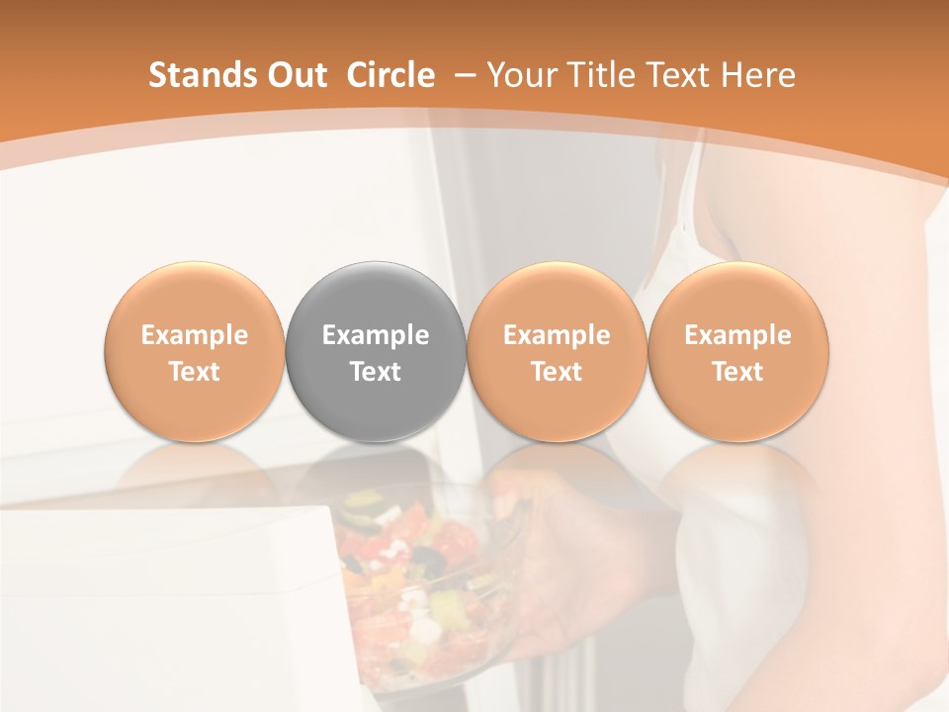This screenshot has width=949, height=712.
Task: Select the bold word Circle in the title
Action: (x=390, y=75)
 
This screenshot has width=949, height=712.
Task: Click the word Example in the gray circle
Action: (x=376, y=335)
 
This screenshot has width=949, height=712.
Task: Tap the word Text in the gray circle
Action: (x=376, y=372)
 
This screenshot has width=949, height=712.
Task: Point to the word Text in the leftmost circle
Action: (x=195, y=372)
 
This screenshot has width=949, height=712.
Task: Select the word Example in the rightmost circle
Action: (x=738, y=335)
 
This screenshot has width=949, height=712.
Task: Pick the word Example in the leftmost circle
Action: (x=195, y=335)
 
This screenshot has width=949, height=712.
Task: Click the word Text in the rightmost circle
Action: (x=738, y=372)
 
